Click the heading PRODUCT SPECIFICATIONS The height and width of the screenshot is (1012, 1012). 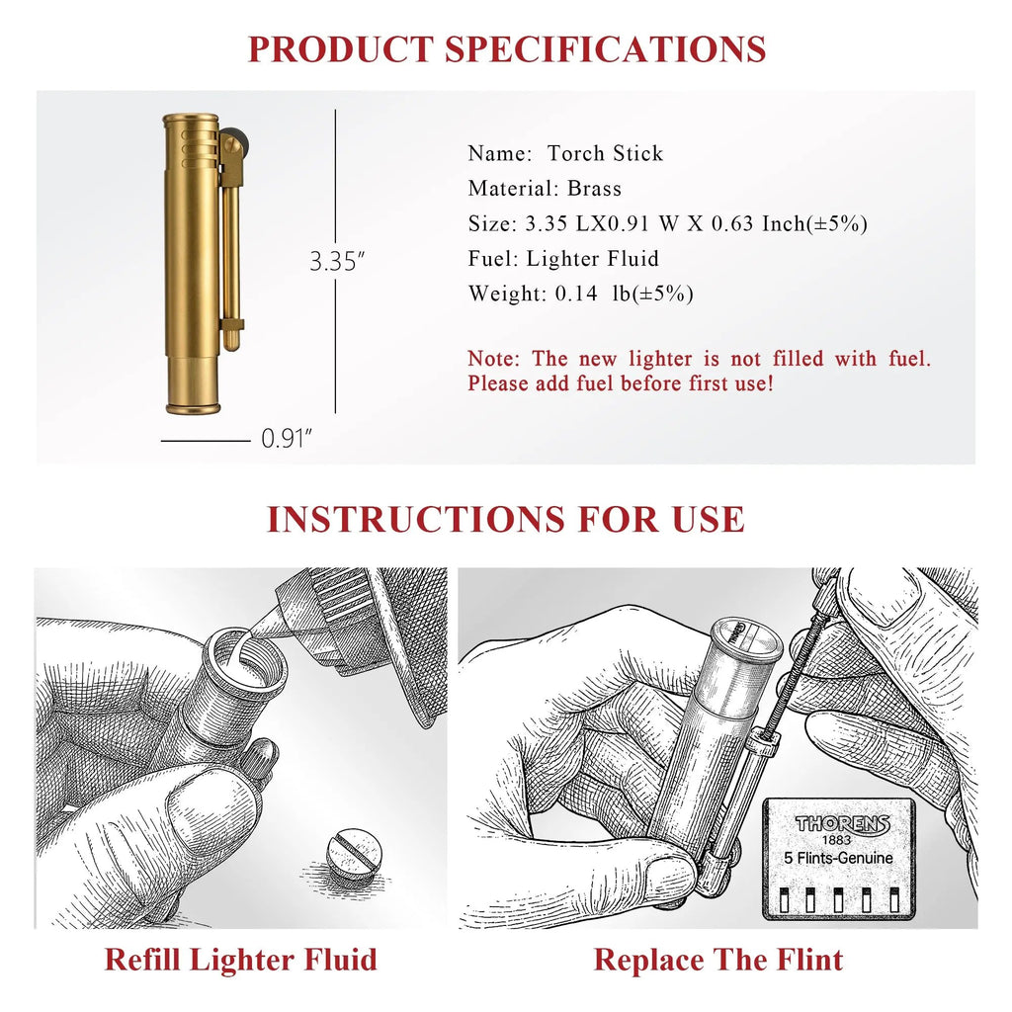[x=507, y=49]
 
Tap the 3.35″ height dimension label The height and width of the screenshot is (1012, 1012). [x=337, y=261]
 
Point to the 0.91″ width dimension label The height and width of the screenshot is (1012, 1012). [x=287, y=439]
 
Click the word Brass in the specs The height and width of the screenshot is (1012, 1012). [x=594, y=189]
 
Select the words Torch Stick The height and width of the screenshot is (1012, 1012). [x=605, y=153]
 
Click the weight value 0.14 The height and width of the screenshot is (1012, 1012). [x=576, y=294]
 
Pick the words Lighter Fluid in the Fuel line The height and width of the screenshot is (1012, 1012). [x=593, y=259]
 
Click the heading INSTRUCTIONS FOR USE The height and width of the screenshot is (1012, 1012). [x=506, y=520]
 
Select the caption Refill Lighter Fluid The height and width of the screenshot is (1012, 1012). [x=241, y=960]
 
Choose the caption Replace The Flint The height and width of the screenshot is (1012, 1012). [x=717, y=960]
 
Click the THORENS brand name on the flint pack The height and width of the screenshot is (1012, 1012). [x=842, y=824]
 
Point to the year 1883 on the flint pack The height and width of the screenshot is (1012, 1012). [x=836, y=840]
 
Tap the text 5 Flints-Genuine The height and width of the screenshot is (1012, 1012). [x=838, y=858]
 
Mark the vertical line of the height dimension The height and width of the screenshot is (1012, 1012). [x=336, y=261]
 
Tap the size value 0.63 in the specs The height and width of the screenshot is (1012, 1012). [x=732, y=223]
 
